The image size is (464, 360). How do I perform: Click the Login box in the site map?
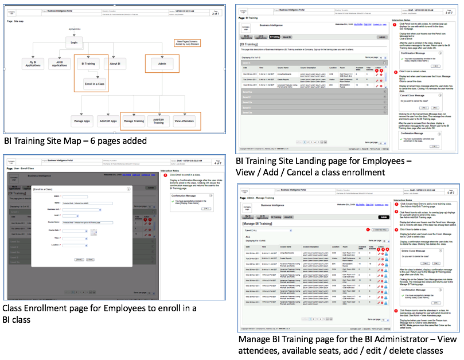coord(74,42)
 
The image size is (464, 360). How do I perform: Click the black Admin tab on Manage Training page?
coord(383,217)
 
